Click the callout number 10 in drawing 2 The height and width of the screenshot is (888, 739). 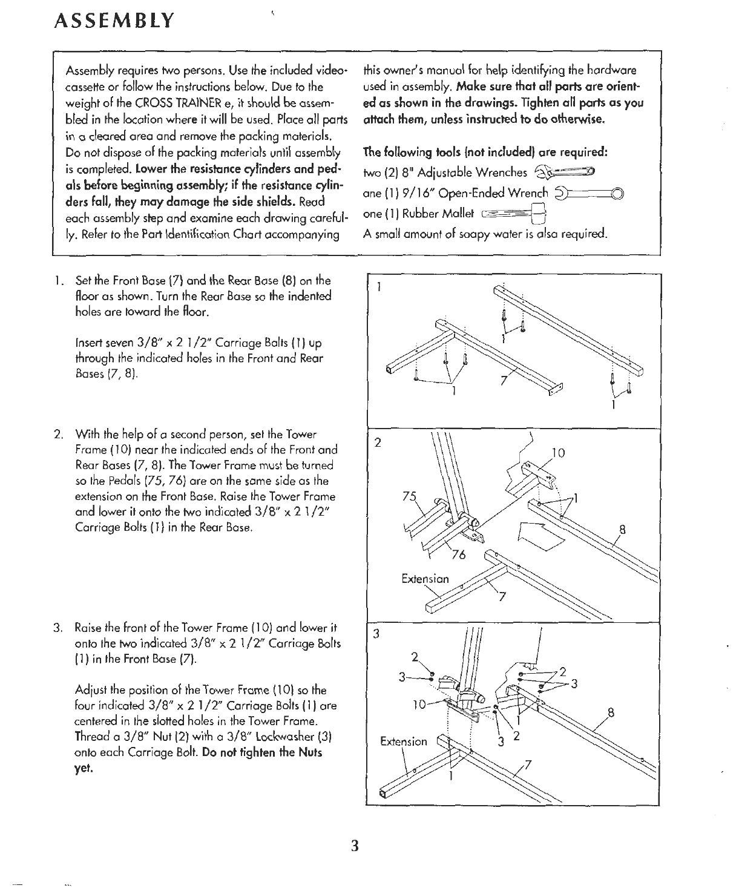pos(559,452)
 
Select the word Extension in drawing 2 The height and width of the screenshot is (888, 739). pos(425,578)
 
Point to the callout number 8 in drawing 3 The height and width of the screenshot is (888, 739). pos(611,713)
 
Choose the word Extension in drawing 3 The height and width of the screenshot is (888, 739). pos(403,742)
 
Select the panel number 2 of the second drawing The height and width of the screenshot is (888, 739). pos(377,442)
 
